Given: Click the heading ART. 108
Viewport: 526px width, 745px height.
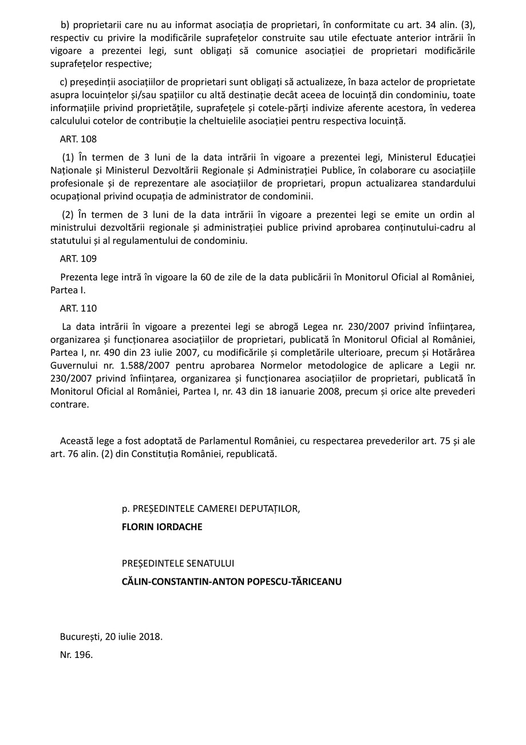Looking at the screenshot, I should [78, 139].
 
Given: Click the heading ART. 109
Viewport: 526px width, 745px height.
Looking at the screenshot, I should [78, 259].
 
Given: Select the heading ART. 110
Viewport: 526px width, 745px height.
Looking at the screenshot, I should [78, 309].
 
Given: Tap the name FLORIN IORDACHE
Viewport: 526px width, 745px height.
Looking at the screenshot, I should [162, 527].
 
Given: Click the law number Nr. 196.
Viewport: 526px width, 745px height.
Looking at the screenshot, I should [76, 655].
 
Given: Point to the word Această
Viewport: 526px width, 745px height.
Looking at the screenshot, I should [78, 441].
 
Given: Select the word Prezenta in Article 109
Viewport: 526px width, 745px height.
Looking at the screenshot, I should [78, 277].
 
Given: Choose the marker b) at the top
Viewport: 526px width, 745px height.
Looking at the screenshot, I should [65, 25].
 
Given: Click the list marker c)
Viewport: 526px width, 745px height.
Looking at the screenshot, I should [63, 82].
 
